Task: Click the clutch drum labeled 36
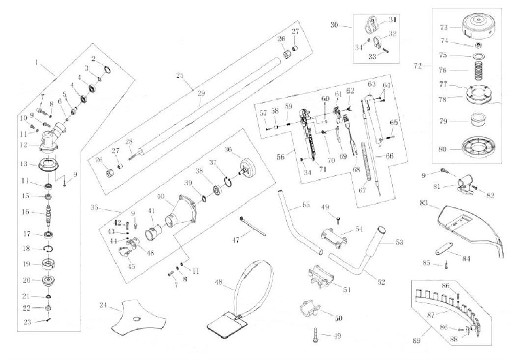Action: coord(246,167)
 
